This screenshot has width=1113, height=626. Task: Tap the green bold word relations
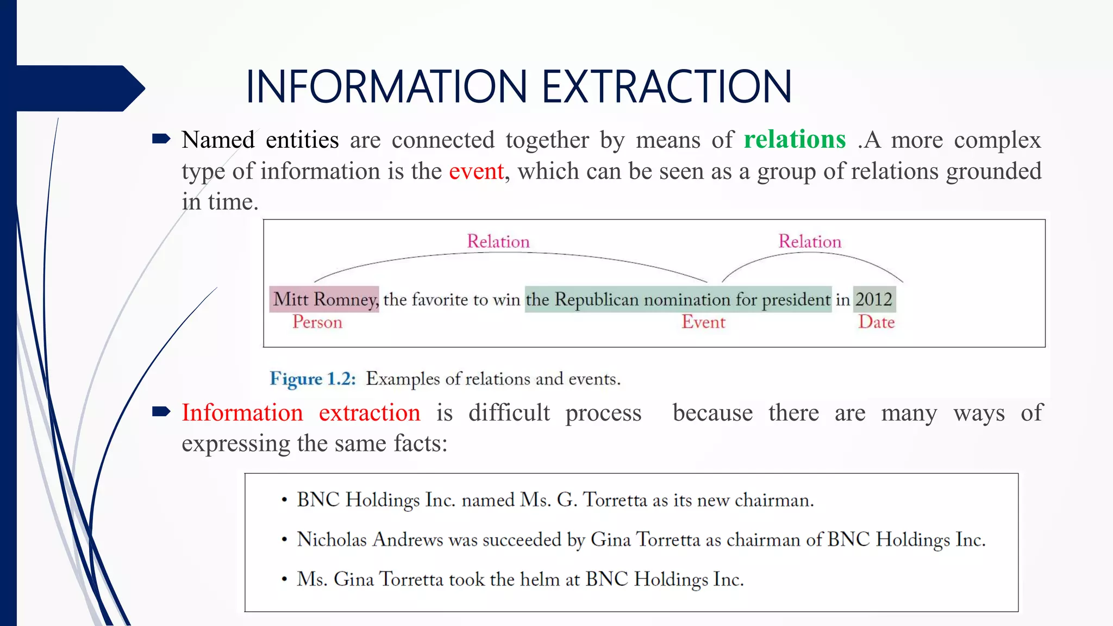point(795,140)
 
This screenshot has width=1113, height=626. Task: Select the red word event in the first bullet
point(476,171)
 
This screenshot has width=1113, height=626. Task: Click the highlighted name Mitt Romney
point(324,299)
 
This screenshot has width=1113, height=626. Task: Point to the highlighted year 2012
point(874,299)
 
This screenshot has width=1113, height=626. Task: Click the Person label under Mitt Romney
point(317,322)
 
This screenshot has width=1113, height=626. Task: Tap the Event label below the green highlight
point(703,322)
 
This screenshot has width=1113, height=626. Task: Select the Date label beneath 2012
point(876,322)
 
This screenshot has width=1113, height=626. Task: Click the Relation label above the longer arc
point(498,241)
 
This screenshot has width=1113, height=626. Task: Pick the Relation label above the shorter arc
point(809,241)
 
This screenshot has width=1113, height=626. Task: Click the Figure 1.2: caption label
point(312,379)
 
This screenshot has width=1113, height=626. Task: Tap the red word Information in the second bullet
point(242,412)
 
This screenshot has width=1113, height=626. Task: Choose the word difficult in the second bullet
point(509,412)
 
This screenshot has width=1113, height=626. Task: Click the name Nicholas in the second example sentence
point(332,540)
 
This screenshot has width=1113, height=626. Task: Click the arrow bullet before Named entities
point(161,139)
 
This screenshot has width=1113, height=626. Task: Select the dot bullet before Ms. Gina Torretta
point(284,580)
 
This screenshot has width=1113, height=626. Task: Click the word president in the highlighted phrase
point(796,299)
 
